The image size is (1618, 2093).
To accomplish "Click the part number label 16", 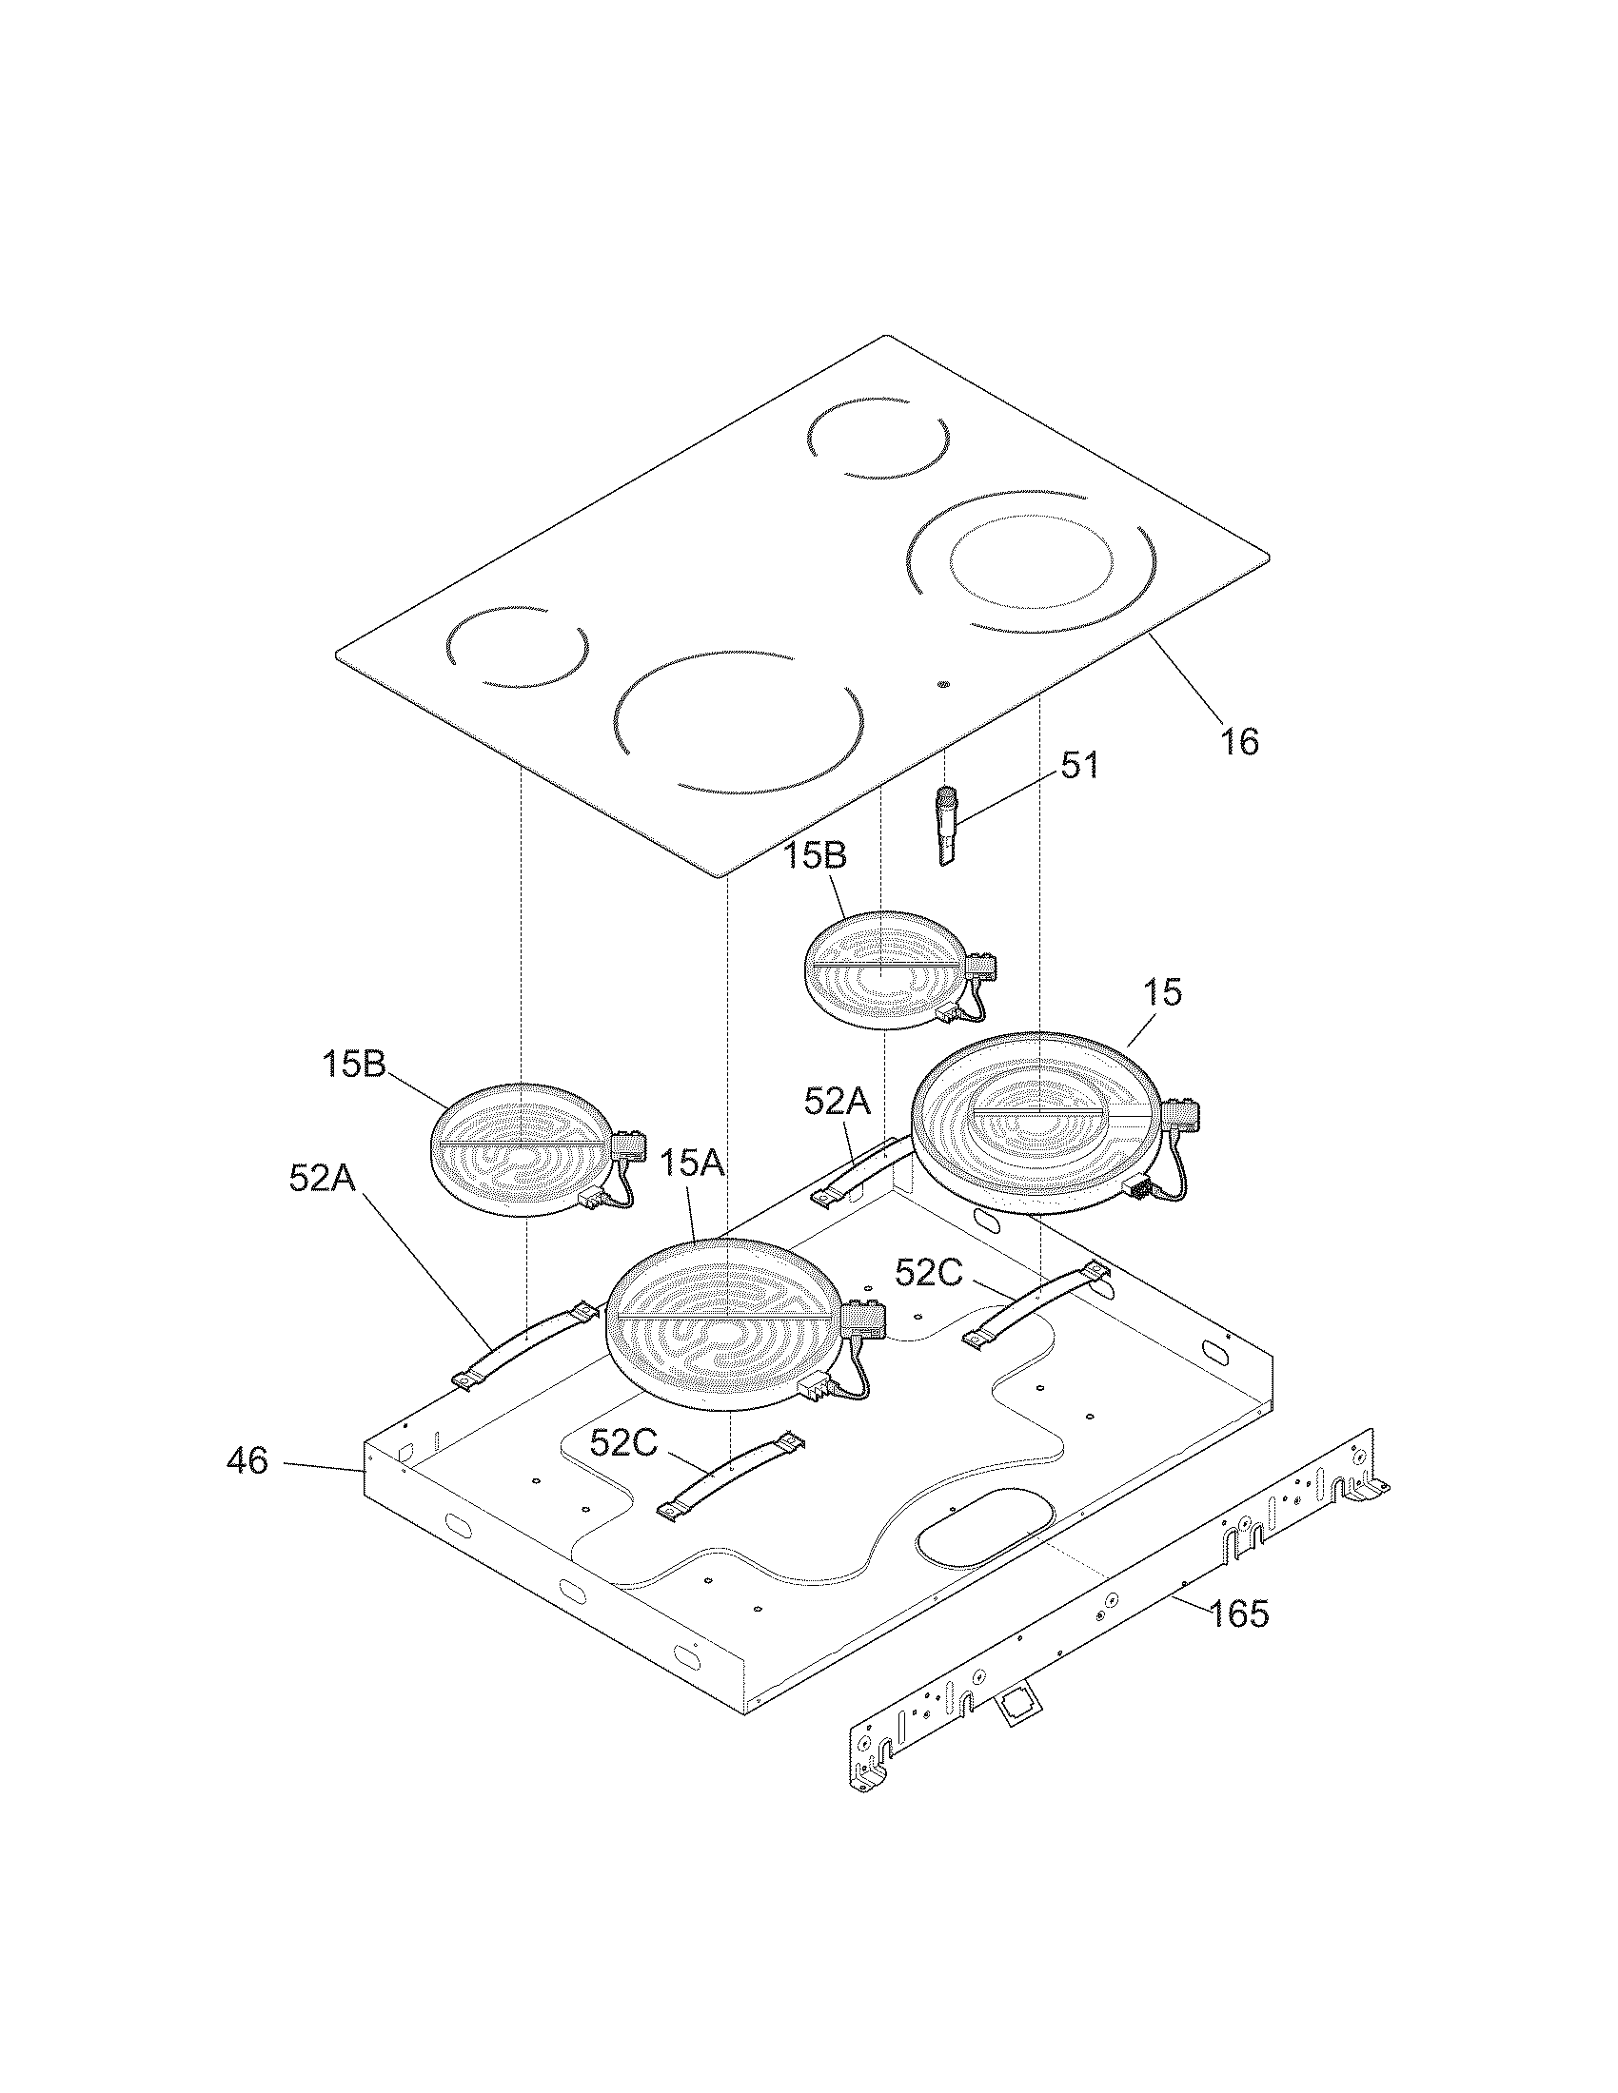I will click(1239, 741).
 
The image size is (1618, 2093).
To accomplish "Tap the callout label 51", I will click(1079, 766).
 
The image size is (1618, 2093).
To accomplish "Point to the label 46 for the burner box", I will click(247, 1488).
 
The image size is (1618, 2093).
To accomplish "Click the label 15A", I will click(692, 1164).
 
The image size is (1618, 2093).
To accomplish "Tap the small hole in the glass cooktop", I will click(944, 685).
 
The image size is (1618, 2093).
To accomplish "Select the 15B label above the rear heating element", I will click(816, 856).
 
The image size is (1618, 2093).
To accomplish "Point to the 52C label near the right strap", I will click(928, 1272).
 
